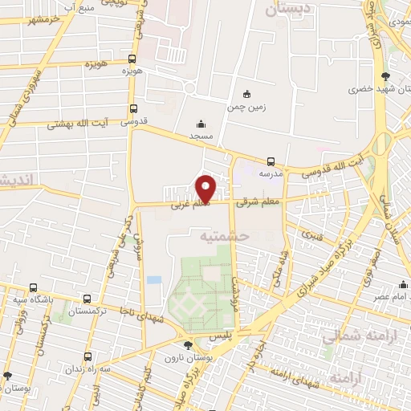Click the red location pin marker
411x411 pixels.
(x=206, y=189)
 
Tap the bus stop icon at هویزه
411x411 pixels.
(x=132, y=59)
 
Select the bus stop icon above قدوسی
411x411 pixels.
(x=132, y=109)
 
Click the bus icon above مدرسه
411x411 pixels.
(x=271, y=161)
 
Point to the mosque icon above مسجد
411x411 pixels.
(x=201, y=124)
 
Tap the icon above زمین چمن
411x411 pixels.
(x=246, y=92)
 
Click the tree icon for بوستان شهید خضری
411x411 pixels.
(x=387, y=76)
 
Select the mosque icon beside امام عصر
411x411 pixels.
(x=402, y=284)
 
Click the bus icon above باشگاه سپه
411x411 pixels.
(x=33, y=287)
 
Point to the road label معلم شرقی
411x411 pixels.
(x=258, y=203)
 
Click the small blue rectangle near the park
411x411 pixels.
(x=153, y=279)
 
